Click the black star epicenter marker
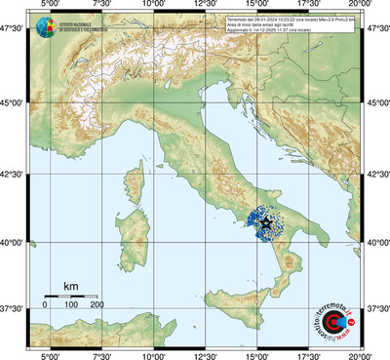(x=266, y=222)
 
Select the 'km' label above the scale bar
(x=70, y=286)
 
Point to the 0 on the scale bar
(x=45, y=305)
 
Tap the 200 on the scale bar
(x=97, y=305)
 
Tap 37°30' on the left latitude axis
(x=14, y=308)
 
